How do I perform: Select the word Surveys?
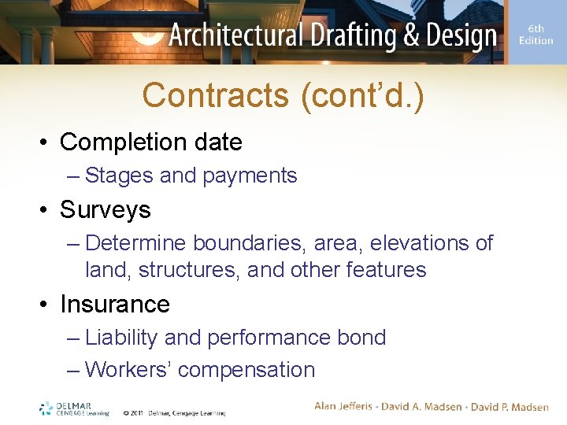coord(105,209)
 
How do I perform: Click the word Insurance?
coord(114,304)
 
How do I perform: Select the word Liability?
coord(121,338)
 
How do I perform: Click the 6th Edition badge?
coord(536,35)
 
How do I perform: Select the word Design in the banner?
coord(458,35)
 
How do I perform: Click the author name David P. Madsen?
coord(510,406)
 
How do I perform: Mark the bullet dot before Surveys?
coord(46,210)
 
